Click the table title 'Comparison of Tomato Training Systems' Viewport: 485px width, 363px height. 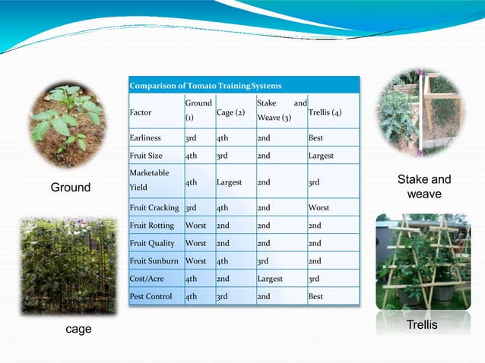pyautogui.click(x=205, y=86)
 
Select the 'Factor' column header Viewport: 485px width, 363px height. pyautogui.click(x=141, y=112)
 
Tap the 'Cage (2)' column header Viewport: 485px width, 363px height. pyautogui.click(x=230, y=112)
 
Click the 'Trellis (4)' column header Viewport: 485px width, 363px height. pyautogui.click(x=325, y=112)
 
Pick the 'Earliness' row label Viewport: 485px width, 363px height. pyautogui.click(x=144, y=138)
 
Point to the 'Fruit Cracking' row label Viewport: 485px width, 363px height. pyautogui.click(x=154, y=207)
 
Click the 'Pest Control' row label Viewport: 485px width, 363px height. pyautogui.click(x=151, y=296)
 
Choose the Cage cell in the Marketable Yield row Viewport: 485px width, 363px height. pyautogui.click(x=229, y=182)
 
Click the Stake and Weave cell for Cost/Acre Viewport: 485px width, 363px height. pyautogui.click(x=270, y=279)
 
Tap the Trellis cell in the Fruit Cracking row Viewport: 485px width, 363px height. pyautogui.click(x=319, y=207)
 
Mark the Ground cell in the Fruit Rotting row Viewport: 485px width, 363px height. pyautogui.click(x=195, y=226)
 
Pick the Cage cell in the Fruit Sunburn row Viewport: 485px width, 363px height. pyautogui.click(x=223, y=261)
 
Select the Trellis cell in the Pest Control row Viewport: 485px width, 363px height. pyautogui.click(x=315, y=296)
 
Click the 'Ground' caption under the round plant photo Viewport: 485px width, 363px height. pyautogui.click(x=70, y=188)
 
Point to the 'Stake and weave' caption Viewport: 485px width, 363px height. pyautogui.click(x=424, y=187)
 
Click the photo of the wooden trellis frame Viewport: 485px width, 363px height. pyautogui.click(x=423, y=261)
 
